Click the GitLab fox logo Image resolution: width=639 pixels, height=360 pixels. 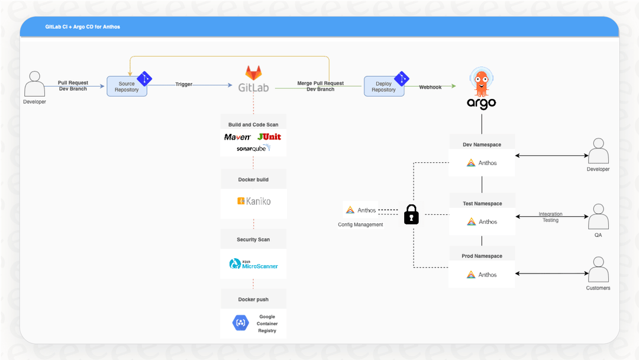pos(253,73)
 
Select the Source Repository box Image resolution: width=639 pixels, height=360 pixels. pos(127,86)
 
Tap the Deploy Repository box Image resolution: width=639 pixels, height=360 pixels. pos(383,86)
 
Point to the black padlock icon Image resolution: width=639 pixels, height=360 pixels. pos(411,214)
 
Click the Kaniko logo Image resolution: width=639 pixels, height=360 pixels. pos(253,201)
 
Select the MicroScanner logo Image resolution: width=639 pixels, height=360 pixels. pos(253,264)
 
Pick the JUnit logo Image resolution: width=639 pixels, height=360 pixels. pos(269,137)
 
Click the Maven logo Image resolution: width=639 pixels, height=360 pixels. pos(237,137)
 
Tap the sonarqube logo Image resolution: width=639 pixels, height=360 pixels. pos(253,149)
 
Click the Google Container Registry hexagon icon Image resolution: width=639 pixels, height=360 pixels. pos(241,323)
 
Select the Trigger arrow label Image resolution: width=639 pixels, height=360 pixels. pos(183,85)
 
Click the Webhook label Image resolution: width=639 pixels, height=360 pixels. pos(430,86)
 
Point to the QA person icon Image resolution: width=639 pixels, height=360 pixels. pos(598,217)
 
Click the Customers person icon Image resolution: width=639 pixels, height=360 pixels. pos(598,269)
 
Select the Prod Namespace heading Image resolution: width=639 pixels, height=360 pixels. pos(482,256)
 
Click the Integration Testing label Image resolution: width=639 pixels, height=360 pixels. pos(550,217)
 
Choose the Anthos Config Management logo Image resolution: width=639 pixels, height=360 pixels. pos(360,210)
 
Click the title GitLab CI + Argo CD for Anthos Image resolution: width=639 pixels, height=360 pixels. pos(83,27)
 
